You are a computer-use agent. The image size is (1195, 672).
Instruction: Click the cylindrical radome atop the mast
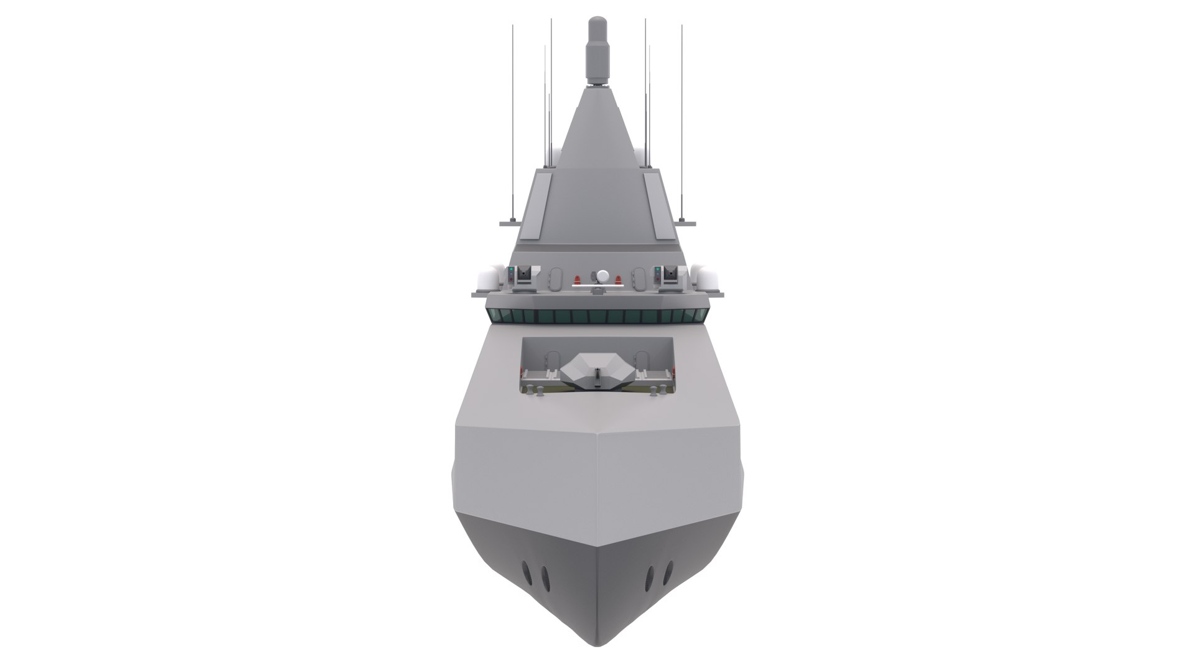(x=598, y=53)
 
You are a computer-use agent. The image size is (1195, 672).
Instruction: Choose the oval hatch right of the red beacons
(x=639, y=279)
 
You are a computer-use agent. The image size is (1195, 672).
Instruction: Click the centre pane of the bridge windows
(x=597, y=316)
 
